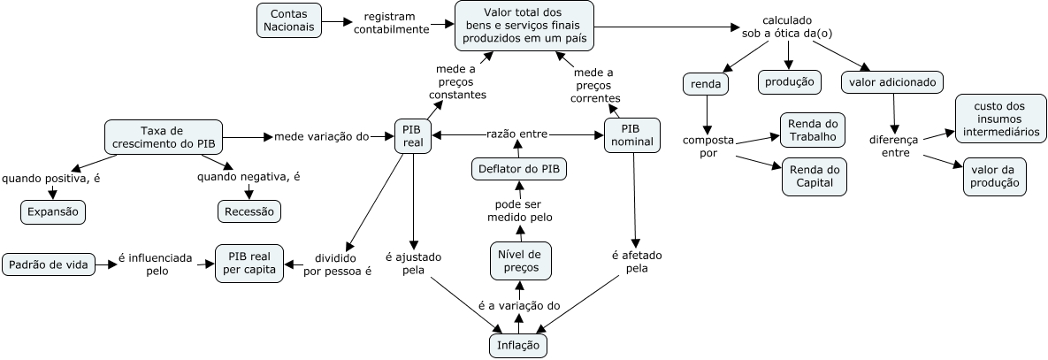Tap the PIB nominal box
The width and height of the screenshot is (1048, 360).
(x=631, y=135)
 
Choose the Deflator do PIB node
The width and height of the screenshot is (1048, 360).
(x=519, y=168)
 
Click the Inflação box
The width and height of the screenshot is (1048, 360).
(x=518, y=344)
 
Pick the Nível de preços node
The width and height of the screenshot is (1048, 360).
(x=520, y=261)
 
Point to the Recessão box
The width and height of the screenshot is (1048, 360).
(x=249, y=211)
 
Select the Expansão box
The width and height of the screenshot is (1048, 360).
(x=52, y=211)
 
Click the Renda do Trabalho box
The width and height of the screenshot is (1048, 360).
(x=813, y=129)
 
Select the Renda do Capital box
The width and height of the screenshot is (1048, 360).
(x=813, y=176)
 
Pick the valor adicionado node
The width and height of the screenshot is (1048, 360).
(x=892, y=82)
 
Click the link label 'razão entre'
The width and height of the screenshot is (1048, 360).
(x=517, y=134)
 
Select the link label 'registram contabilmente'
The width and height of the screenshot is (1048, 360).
(x=391, y=22)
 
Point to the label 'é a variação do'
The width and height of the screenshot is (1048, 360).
(x=519, y=306)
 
